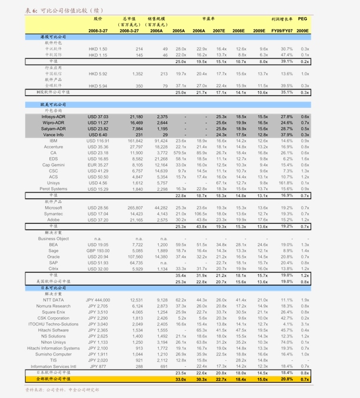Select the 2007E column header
click(x=219, y=30)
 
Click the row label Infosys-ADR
click(x=53, y=117)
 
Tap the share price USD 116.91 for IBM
click(x=98, y=141)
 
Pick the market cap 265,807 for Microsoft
click(x=135, y=207)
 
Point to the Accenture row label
click(x=53, y=147)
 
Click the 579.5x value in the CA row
click(x=180, y=152)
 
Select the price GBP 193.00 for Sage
click(x=98, y=250)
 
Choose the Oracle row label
click(x=53, y=257)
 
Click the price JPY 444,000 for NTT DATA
click(x=98, y=300)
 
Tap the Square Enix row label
click(x=53, y=312)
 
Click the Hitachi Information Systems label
click(x=53, y=348)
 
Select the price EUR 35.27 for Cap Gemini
click(x=98, y=165)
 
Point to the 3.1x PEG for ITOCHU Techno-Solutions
click(x=305, y=324)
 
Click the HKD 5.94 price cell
click(x=98, y=85)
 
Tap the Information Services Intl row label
click(x=53, y=366)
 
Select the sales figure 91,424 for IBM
click(x=161, y=141)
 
